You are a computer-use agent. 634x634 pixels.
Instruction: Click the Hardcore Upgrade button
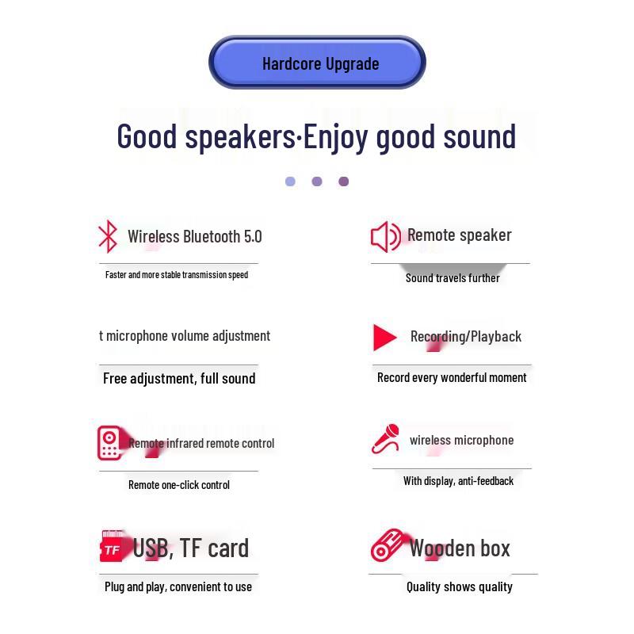[318, 63]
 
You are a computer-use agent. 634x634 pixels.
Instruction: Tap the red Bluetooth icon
[107, 236]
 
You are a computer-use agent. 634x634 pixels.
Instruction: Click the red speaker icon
[385, 236]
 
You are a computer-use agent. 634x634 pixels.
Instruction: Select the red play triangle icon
[384, 337]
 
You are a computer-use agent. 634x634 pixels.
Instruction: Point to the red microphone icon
[386, 439]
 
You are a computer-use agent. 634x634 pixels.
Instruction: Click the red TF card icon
[113, 547]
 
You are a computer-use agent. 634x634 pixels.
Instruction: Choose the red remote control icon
[109, 442]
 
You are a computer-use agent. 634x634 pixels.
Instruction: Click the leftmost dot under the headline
[290, 181]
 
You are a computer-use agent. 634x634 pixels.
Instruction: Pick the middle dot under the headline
[317, 181]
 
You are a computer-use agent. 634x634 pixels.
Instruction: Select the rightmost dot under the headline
[343, 181]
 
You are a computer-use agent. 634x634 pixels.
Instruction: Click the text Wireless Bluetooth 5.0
[194, 236]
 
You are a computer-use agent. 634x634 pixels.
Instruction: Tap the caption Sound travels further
[453, 278]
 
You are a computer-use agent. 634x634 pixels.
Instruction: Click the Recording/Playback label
[466, 336]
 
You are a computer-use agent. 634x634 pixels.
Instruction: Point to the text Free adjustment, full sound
[179, 378]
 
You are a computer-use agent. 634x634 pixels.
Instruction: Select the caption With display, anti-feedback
[458, 481]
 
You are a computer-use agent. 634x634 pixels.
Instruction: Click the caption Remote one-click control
[179, 485]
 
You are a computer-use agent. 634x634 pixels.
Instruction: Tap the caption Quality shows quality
[460, 586]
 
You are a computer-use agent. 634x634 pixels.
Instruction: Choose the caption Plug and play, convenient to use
[178, 586]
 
